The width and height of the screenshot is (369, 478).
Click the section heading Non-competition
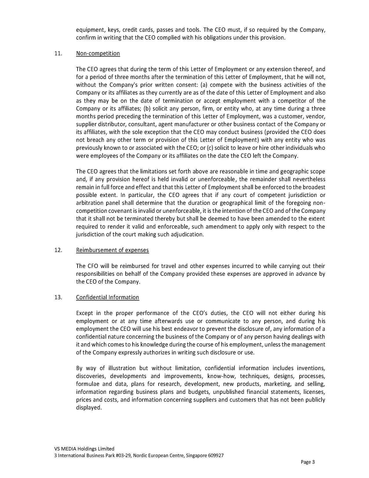[98, 53]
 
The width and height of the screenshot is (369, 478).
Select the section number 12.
[58, 250]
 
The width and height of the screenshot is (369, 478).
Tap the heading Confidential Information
[107, 297]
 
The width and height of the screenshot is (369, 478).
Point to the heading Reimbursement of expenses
[112, 250]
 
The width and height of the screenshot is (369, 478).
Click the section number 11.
[58, 53]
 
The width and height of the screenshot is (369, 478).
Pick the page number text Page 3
[308, 462]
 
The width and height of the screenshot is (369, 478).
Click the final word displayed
[89, 408]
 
